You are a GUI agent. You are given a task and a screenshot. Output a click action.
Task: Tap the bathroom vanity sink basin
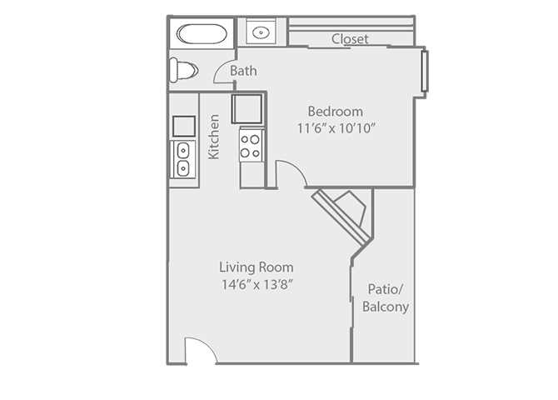point(261,33)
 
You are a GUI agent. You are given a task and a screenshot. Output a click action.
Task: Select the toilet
point(182,70)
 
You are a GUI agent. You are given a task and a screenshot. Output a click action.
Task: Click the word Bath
point(243,71)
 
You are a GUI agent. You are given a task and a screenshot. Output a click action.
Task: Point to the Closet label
point(350,38)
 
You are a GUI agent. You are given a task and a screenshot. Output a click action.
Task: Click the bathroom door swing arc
point(222,74)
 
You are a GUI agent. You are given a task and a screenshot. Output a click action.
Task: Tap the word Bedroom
point(335,112)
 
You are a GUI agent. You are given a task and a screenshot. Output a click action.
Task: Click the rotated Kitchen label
point(214,137)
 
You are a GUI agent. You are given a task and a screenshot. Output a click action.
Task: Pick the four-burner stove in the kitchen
point(251,145)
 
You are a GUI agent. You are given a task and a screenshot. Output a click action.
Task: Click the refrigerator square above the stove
point(248,109)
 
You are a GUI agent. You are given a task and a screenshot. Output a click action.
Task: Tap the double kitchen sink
point(183,159)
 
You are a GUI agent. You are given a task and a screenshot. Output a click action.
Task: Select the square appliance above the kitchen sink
point(183,126)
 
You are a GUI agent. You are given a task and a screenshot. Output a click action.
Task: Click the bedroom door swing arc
point(291,172)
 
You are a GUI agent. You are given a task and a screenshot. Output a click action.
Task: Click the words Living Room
point(256,267)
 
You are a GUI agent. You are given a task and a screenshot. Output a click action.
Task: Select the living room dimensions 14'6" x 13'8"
point(256,284)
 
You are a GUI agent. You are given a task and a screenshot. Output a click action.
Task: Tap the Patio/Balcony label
point(385,297)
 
